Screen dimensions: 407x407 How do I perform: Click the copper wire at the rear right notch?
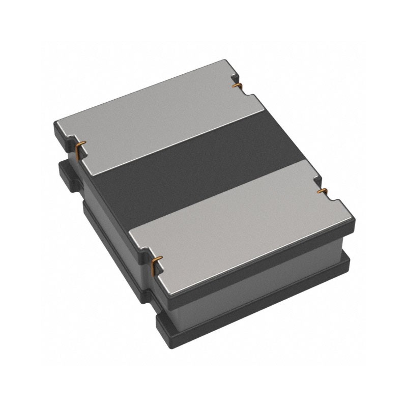236,85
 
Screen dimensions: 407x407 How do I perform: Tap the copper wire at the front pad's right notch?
322,191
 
